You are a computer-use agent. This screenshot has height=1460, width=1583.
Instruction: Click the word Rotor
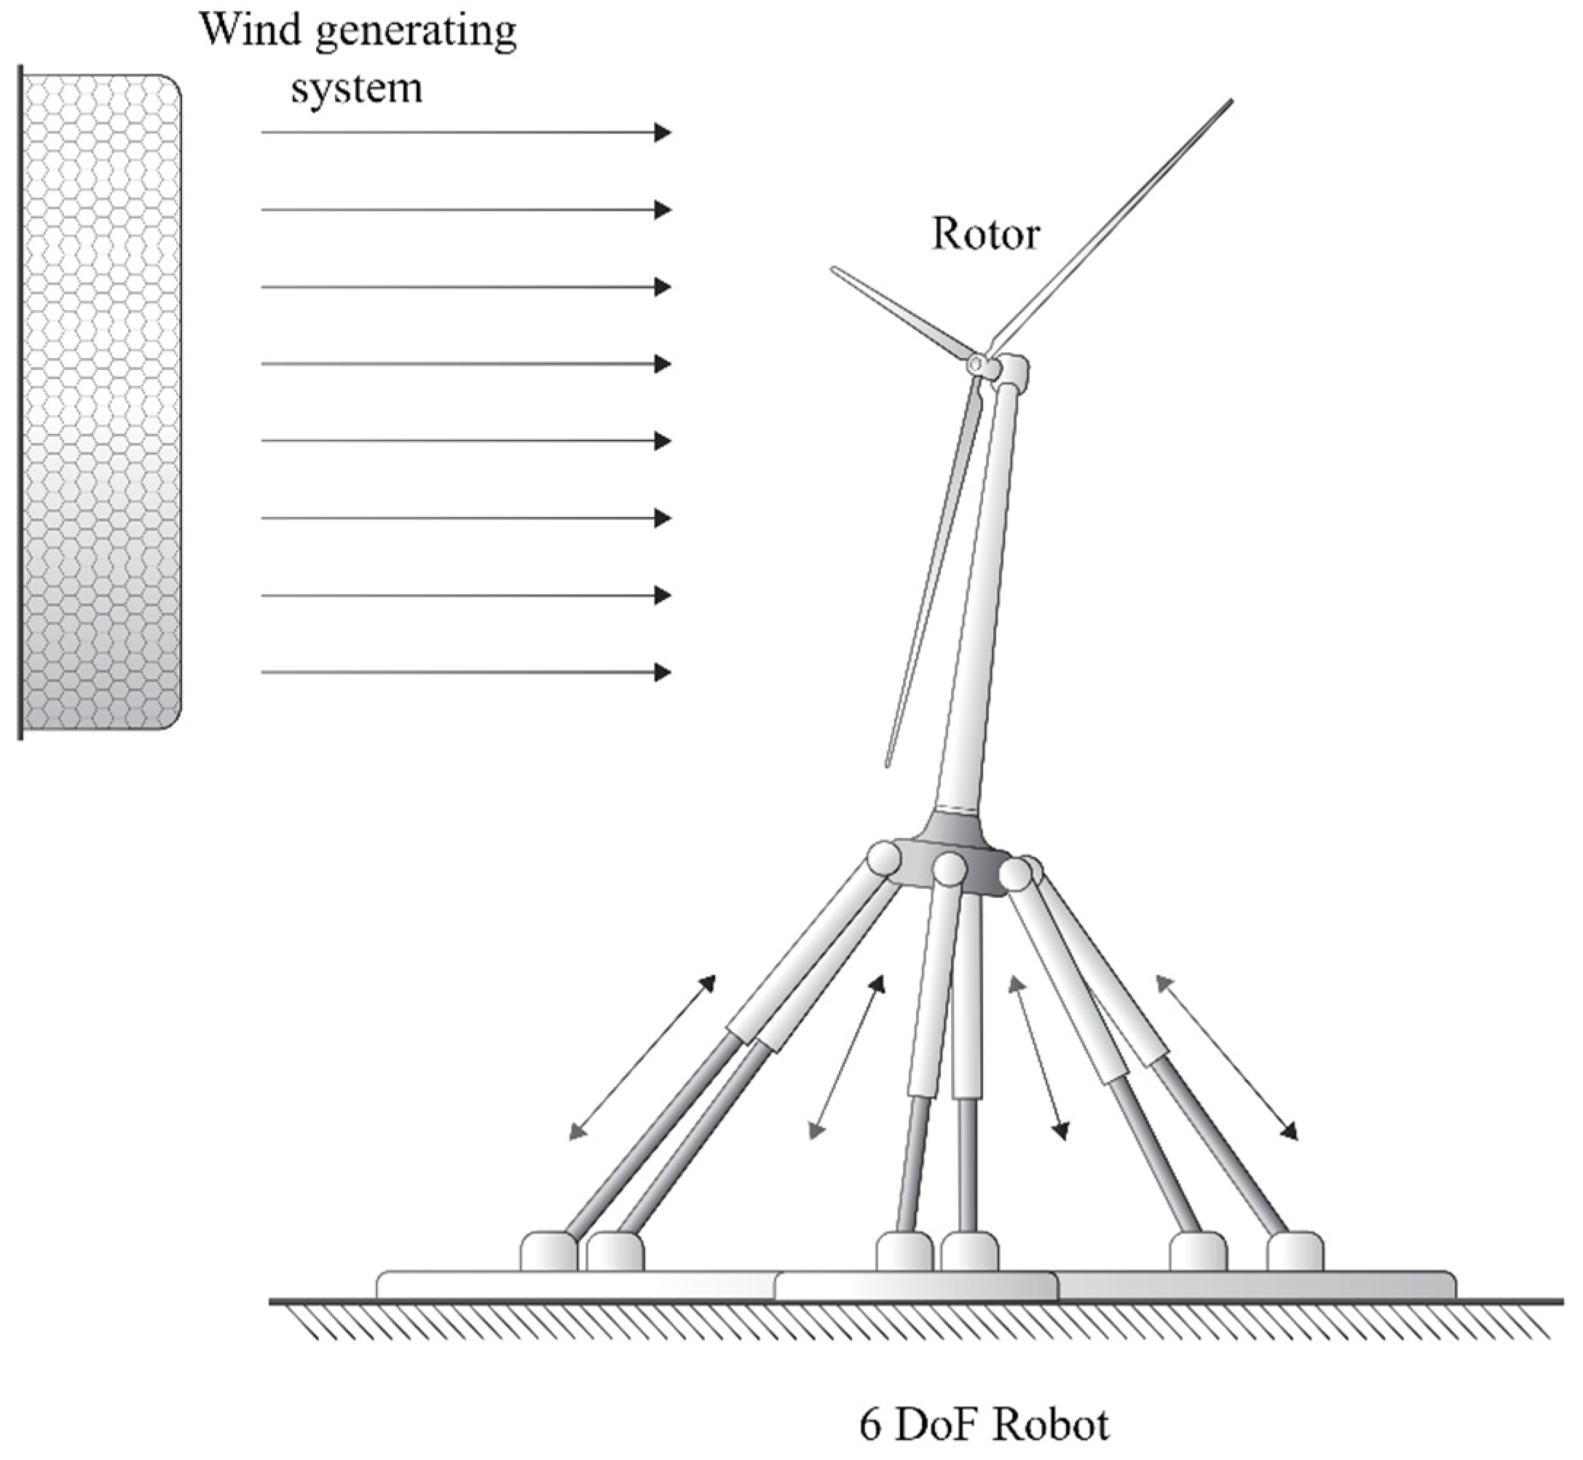point(986,234)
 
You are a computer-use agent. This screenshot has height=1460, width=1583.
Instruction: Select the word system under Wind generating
point(357,89)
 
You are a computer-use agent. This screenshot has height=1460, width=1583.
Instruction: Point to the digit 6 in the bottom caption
point(869,1426)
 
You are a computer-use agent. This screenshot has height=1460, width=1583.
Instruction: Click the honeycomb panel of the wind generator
point(101,403)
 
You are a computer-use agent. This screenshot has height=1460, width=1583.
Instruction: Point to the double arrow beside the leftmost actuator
point(643,1058)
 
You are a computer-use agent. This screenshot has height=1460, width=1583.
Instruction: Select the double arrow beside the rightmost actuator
point(1226,1058)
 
